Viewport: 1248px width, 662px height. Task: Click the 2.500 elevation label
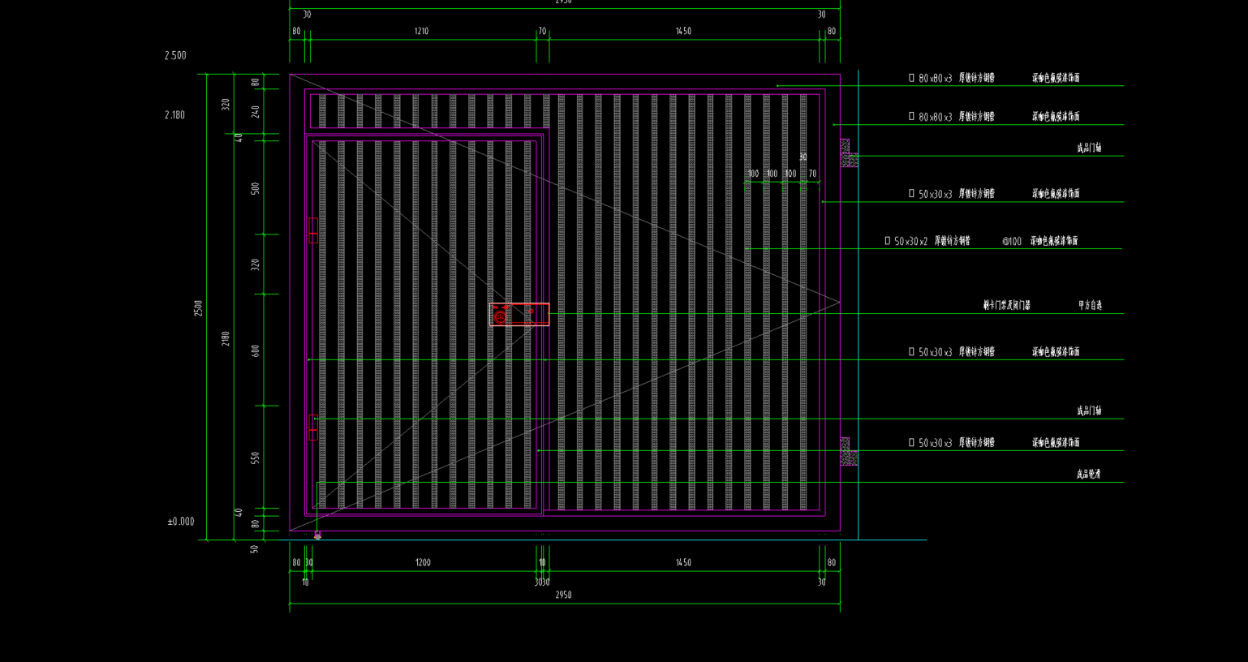point(175,56)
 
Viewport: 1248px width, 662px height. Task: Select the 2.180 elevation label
point(174,115)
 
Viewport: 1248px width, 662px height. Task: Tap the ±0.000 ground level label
point(180,522)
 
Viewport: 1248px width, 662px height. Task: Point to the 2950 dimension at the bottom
point(563,595)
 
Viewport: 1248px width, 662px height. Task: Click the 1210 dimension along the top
point(421,32)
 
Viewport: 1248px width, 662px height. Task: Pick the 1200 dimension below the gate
point(423,562)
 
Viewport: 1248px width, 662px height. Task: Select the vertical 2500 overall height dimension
point(198,307)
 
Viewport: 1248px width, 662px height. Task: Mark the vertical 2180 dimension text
point(226,337)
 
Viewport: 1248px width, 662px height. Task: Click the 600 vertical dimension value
point(256,350)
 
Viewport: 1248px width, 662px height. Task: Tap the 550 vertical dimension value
point(256,458)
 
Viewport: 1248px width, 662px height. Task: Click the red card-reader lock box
point(519,314)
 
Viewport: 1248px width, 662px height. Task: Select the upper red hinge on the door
point(313,230)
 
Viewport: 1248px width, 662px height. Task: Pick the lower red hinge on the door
point(313,428)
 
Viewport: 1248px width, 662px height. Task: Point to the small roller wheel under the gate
point(317,535)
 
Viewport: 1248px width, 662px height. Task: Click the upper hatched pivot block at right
point(847,153)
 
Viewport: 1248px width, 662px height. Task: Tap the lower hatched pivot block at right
point(847,452)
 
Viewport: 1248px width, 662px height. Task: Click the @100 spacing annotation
point(1011,241)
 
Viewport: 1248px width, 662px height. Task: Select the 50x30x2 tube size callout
point(910,241)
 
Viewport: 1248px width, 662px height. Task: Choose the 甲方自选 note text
point(1090,306)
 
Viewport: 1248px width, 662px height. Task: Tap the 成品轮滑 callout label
point(1088,475)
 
